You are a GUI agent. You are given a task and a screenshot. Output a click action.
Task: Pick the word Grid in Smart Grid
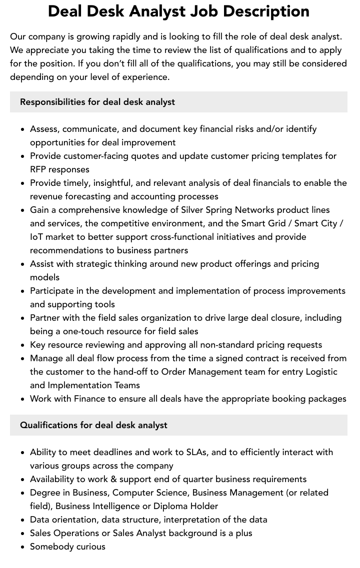point(279,223)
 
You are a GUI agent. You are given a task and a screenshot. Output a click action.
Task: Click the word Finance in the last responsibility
point(90,399)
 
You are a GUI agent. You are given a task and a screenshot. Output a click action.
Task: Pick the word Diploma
point(170,506)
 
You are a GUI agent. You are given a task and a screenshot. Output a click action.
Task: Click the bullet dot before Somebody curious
point(22,547)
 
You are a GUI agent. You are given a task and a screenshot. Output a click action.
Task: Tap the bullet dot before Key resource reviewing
point(22,345)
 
